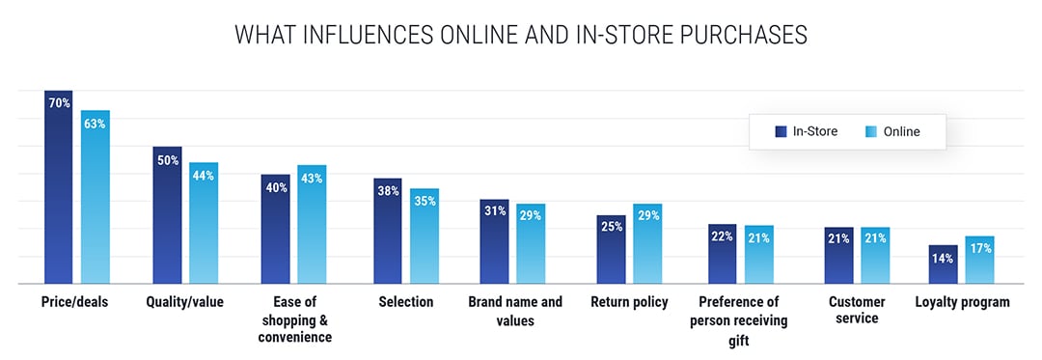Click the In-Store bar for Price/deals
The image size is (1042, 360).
pyautogui.click(x=58, y=193)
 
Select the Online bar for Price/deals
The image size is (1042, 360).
pyautogui.click(x=95, y=203)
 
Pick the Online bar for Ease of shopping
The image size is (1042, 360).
pyautogui.click(x=312, y=230)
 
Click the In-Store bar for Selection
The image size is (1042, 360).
pyautogui.click(x=388, y=236)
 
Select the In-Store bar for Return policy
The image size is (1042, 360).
pyautogui.click(x=611, y=253)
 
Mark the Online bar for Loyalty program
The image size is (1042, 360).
pyautogui.click(x=979, y=263)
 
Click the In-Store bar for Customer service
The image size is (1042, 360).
pyautogui.click(x=837, y=259)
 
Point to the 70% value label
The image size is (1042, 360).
pyautogui.click(x=58, y=102)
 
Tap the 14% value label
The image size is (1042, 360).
pyautogui.click(x=943, y=258)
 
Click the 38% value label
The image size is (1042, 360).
pyautogui.click(x=388, y=191)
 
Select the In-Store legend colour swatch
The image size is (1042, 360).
pyautogui.click(x=781, y=132)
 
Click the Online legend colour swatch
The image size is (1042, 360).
pyautogui.click(x=871, y=132)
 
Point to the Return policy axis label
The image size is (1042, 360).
pyautogui.click(x=629, y=302)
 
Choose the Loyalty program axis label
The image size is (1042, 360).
pyautogui.click(x=962, y=302)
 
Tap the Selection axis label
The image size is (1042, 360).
pyautogui.click(x=406, y=302)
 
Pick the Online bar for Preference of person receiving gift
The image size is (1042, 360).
pyautogui.click(x=758, y=257)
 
